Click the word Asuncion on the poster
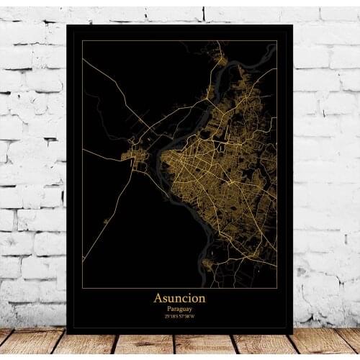point(179,297)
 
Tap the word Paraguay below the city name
point(179,307)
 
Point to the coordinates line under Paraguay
point(179,315)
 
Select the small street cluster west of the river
point(135,155)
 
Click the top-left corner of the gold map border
point(82,40)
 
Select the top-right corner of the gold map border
point(277,40)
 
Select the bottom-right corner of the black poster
point(292,333)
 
